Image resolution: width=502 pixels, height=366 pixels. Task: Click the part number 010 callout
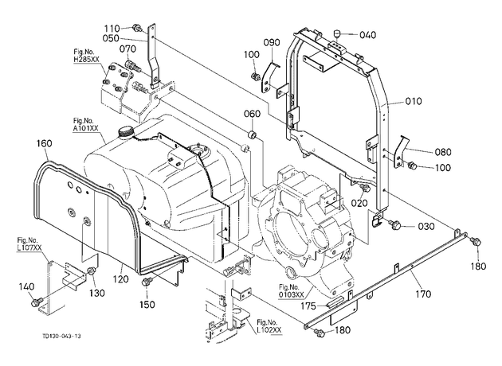tap(414, 101)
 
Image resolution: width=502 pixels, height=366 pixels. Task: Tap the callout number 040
tap(367, 34)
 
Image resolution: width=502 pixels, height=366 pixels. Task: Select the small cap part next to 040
tap(335, 33)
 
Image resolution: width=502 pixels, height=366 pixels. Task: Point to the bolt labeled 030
tap(396, 224)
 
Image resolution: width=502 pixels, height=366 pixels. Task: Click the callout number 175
tap(308, 306)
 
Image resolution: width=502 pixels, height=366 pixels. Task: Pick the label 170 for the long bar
tap(423, 294)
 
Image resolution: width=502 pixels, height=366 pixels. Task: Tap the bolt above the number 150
tap(147, 282)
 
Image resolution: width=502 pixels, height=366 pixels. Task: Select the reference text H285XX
tap(86, 59)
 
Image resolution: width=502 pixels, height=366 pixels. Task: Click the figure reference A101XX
tap(85, 128)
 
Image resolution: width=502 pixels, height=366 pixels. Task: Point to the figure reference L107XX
tap(29, 247)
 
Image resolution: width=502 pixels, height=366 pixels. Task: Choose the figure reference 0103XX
tap(291, 294)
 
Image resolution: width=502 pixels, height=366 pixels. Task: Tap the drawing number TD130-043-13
tap(61, 336)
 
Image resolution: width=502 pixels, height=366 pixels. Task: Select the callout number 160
tap(44, 143)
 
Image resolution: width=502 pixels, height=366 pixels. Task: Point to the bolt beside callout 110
tap(137, 28)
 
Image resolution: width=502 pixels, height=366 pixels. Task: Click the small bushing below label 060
tap(253, 134)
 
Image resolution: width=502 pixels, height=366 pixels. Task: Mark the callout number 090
tap(272, 42)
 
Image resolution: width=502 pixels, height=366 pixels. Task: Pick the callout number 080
tap(443, 151)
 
